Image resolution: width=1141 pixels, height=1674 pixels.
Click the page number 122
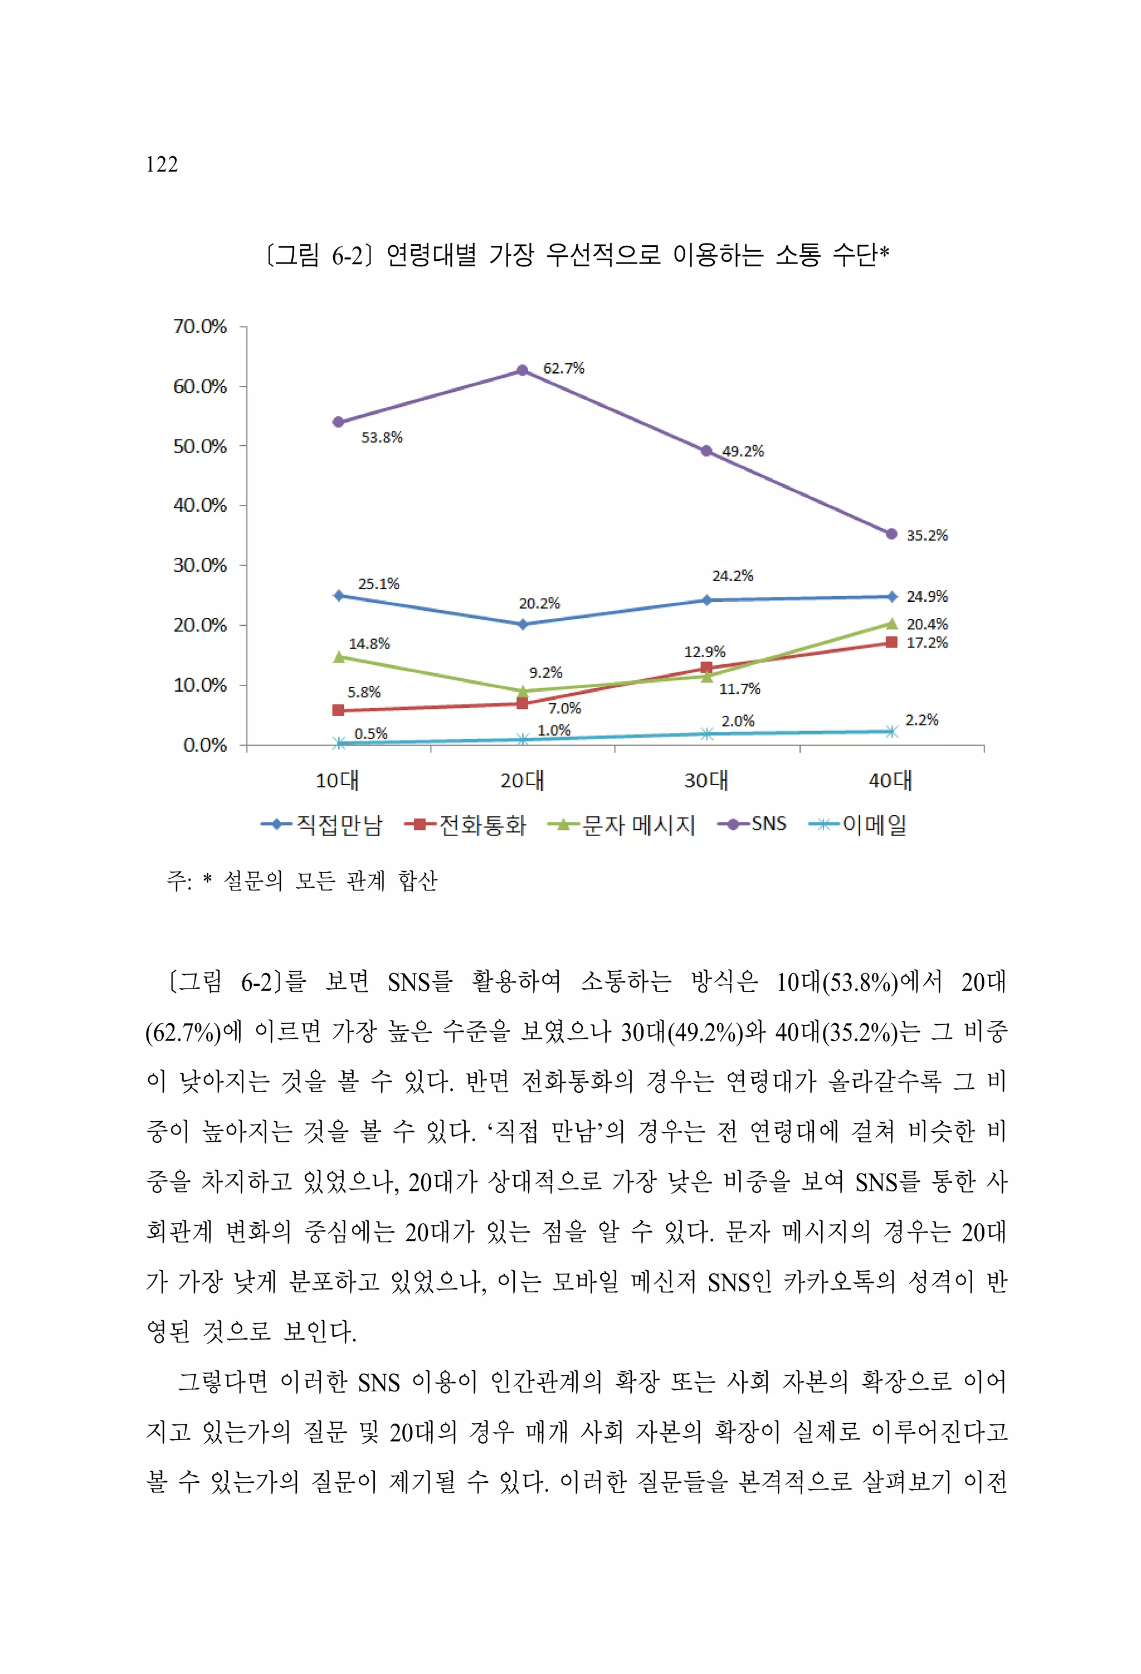tap(162, 164)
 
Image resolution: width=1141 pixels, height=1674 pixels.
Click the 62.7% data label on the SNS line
tap(563, 368)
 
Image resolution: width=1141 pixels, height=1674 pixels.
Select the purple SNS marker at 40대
tap(891, 534)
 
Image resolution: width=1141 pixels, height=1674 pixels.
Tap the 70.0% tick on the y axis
tap(199, 327)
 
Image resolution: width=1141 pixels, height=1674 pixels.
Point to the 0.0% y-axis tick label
tap(204, 745)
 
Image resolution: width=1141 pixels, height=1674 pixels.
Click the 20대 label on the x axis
tap(522, 780)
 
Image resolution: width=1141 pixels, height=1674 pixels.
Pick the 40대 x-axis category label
tap(890, 780)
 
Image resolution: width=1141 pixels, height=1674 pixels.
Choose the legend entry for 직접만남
tap(322, 825)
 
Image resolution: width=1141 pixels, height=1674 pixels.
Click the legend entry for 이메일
tap(858, 825)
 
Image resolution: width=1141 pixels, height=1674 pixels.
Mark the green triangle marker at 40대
tap(891, 623)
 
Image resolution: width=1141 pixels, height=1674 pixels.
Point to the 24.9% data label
tap(927, 596)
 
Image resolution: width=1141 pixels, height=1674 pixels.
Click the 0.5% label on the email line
tap(371, 733)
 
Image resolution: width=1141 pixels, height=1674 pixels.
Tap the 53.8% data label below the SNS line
tap(382, 437)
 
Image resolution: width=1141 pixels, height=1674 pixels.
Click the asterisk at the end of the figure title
tap(885, 251)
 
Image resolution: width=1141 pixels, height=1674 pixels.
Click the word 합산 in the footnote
tap(418, 880)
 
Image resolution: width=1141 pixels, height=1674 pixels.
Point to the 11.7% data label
tap(740, 689)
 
